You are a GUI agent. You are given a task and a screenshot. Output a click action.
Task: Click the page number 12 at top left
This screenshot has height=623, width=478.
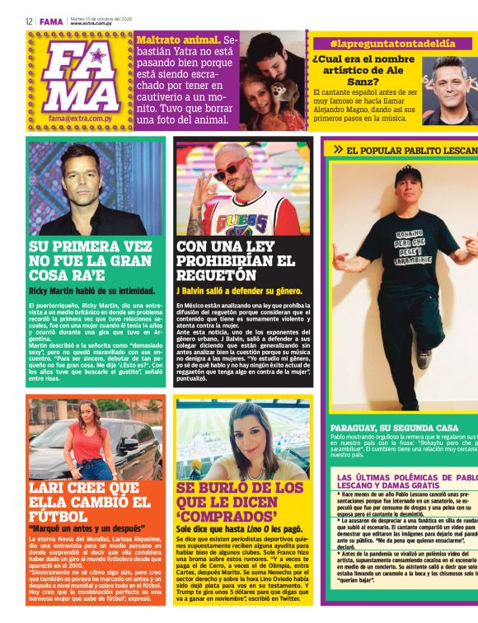click(x=29, y=21)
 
